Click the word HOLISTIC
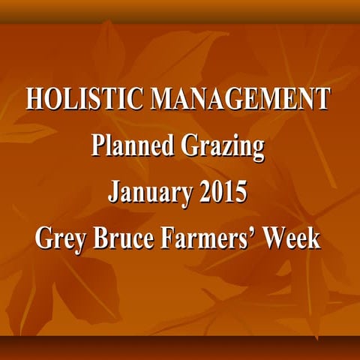[x=83, y=99]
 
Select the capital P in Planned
[x=97, y=145]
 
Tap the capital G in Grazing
[x=187, y=145]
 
